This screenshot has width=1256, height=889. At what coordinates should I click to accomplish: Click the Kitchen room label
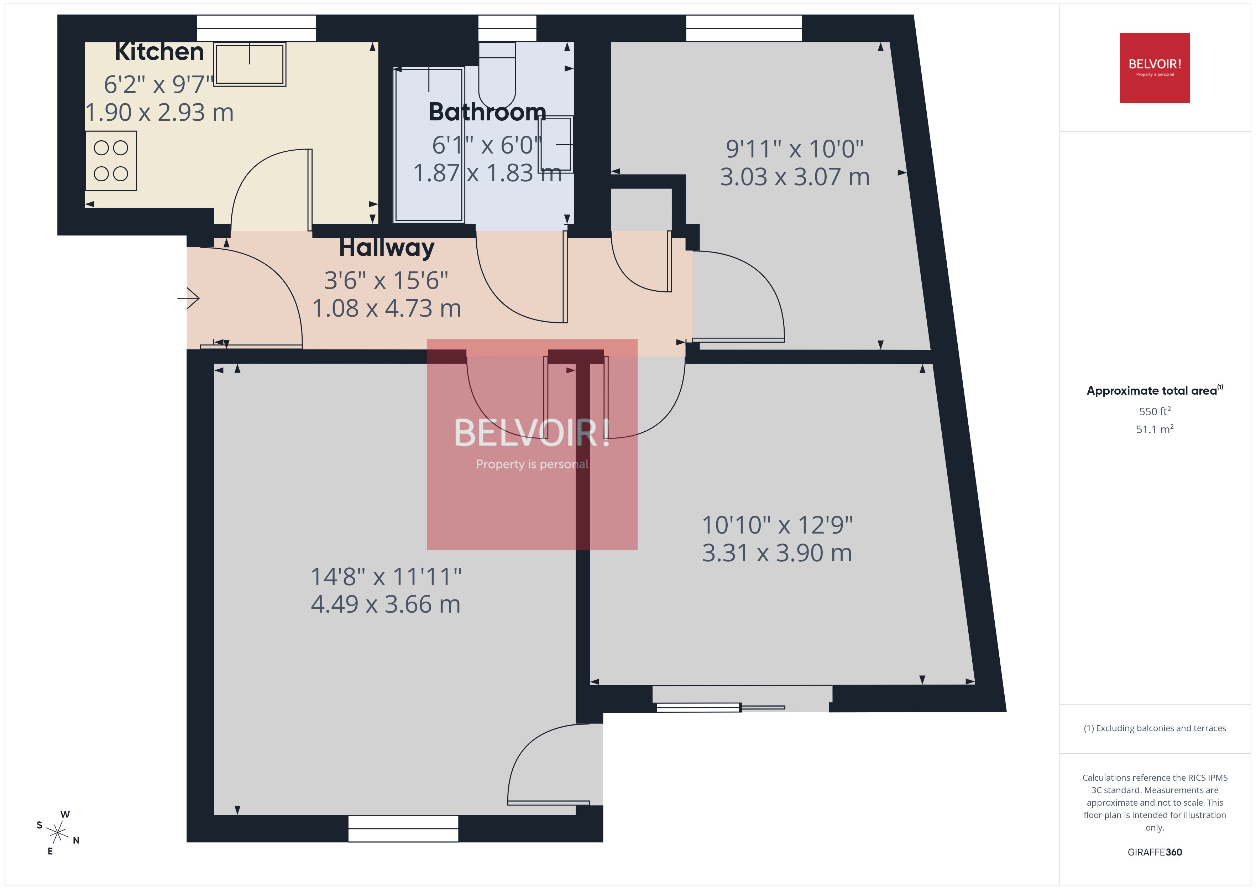pos(159,52)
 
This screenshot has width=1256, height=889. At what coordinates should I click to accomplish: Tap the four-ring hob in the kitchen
pos(111,161)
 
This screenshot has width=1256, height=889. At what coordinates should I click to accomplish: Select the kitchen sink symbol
pos(250,64)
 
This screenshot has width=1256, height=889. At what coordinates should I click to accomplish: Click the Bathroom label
pos(487,112)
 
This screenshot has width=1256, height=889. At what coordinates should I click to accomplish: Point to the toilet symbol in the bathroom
pos(497,77)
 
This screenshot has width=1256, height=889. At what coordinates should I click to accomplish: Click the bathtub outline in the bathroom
pos(429,145)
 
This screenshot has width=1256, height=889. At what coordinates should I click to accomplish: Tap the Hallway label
pos(386,248)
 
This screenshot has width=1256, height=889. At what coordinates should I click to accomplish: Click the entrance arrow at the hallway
pos(189,298)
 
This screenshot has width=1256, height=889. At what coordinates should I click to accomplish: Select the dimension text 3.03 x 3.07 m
pos(794,177)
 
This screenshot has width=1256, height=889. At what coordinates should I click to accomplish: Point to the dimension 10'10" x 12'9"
pos(777,525)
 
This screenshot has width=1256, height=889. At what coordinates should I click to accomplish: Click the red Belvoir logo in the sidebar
pos(1155,68)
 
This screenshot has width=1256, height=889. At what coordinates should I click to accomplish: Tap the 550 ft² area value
pos(1155,411)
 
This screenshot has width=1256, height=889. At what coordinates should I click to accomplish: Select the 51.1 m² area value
pos(1155,429)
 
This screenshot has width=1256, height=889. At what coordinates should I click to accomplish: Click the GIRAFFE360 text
pos(1155,852)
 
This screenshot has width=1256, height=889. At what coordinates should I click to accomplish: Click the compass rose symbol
pos(57,833)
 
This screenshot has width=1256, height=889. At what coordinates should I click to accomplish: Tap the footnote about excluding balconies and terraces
pos(1155,728)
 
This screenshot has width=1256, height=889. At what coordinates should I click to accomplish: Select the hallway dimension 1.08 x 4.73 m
pos(386,308)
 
